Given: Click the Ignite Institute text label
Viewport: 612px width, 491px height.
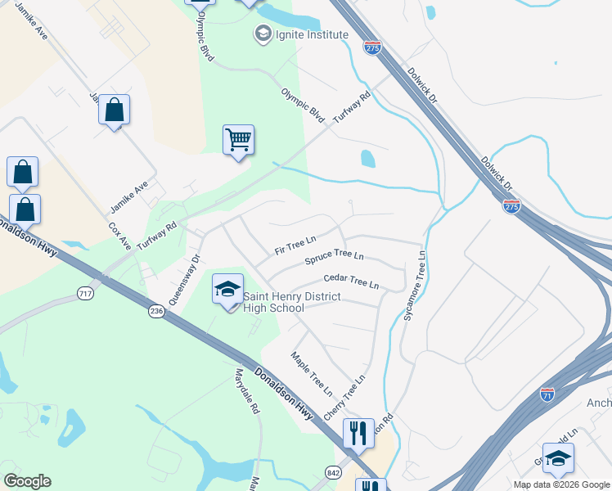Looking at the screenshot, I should [312, 34].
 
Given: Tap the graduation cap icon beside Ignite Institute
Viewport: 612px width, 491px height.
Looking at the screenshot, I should [263, 34].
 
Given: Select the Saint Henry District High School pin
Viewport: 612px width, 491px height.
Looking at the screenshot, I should [227, 289].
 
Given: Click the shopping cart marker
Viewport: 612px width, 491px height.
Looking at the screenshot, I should [238, 140].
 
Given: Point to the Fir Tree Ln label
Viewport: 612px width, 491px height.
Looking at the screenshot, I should [295, 245].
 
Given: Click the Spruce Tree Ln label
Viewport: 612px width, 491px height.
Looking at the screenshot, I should [334, 259].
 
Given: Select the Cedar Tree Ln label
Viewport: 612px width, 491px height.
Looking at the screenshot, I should [351, 282].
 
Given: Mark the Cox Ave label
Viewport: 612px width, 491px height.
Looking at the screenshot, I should [120, 235].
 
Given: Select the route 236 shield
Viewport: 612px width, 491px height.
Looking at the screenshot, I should [157, 312].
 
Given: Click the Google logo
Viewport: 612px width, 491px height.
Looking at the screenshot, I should [27, 481].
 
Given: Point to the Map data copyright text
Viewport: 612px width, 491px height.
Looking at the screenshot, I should [560, 484].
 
